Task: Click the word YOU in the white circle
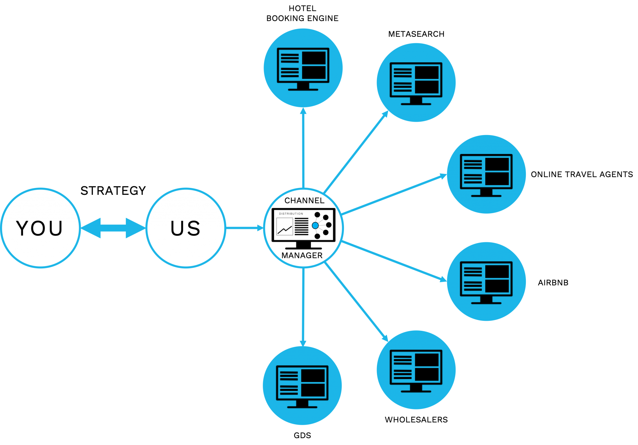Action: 40,228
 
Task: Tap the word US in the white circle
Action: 185,228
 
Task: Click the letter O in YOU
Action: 39,228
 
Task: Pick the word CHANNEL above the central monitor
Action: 304,201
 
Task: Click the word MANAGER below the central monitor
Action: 302,255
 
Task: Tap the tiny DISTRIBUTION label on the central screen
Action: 291,214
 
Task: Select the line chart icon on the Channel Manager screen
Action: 284,227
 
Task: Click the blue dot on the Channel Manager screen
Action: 315,226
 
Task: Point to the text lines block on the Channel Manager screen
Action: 301,227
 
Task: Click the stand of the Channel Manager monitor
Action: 303,246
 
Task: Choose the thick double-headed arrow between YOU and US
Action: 113,228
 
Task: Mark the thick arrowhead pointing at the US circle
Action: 135,228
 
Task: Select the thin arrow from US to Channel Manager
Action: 245,228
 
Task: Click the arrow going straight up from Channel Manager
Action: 303,148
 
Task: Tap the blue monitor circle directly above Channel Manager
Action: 303,68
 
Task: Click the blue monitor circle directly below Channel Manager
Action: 302,385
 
